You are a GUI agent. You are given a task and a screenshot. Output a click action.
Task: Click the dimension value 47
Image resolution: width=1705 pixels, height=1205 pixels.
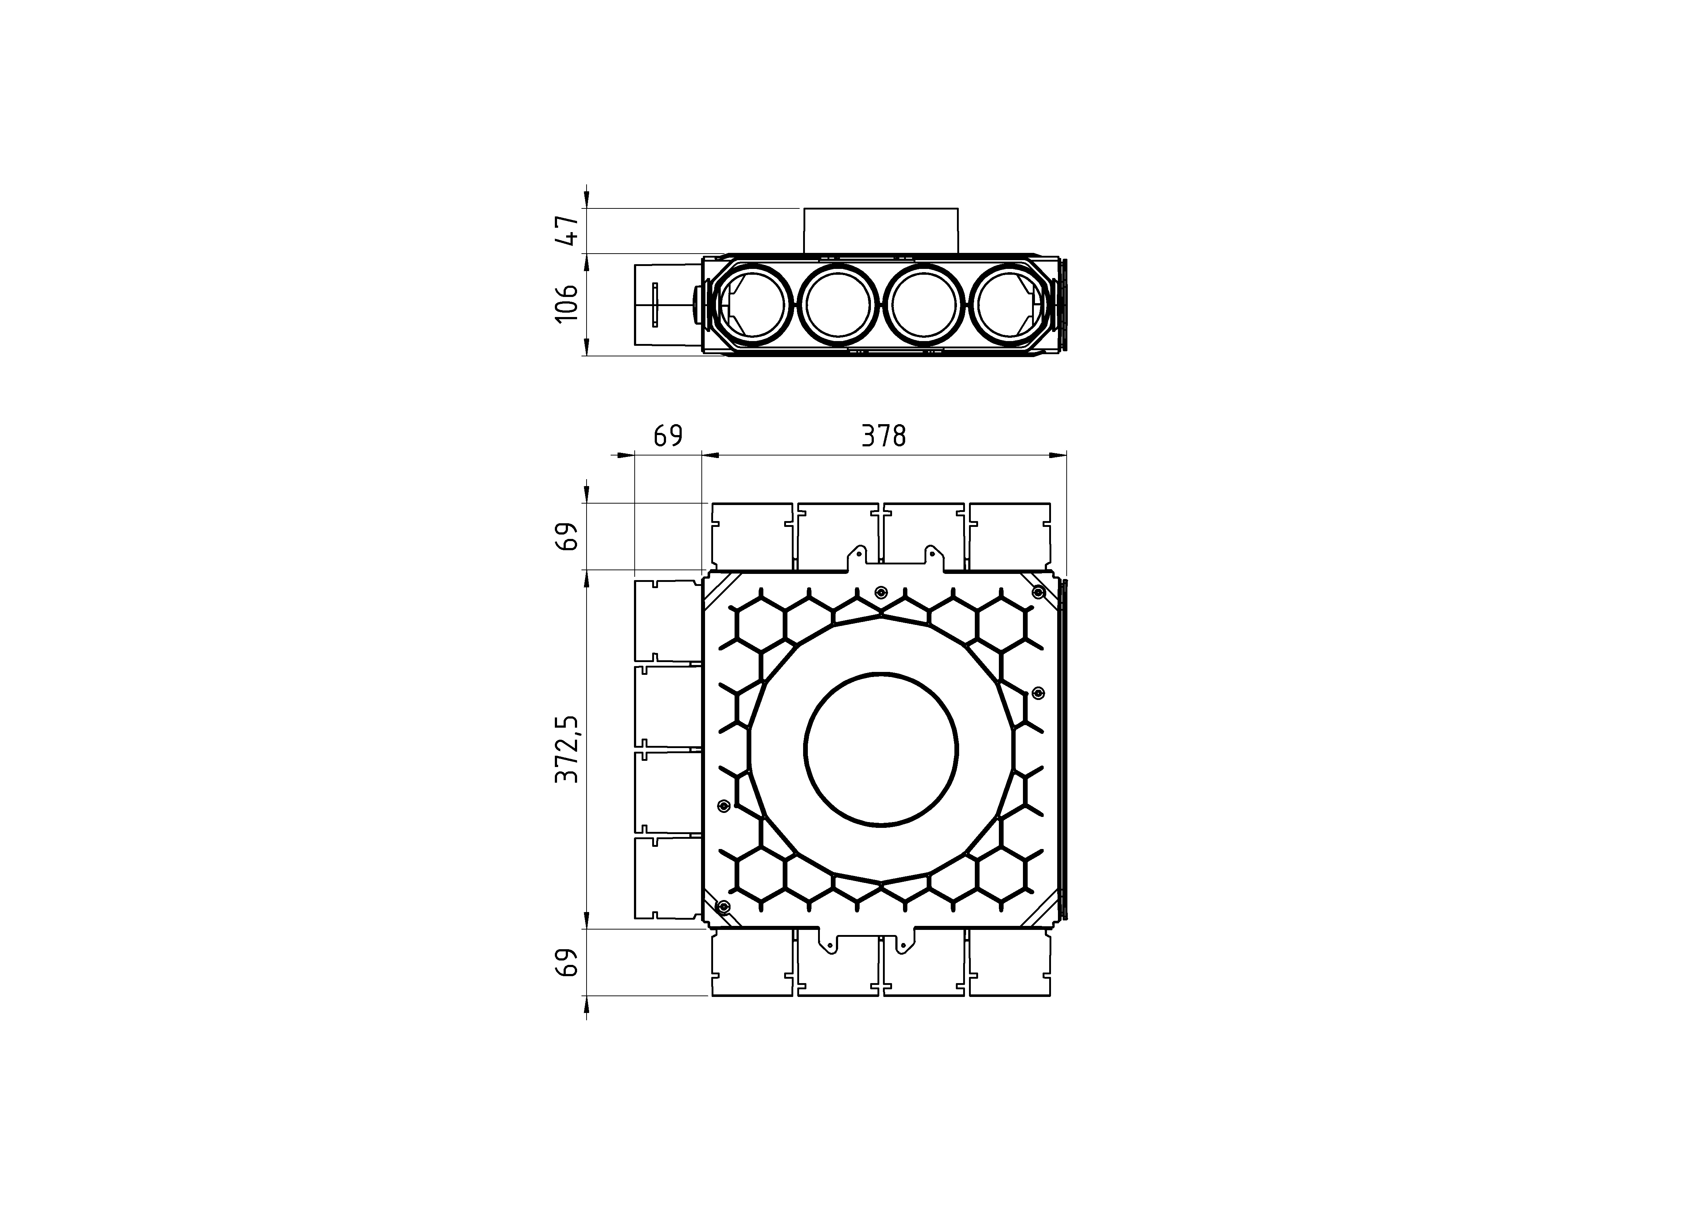(x=567, y=230)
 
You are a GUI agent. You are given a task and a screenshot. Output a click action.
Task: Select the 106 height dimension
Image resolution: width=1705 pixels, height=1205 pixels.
(x=567, y=303)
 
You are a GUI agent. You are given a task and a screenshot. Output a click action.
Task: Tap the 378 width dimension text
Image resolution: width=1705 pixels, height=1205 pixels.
(x=884, y=436)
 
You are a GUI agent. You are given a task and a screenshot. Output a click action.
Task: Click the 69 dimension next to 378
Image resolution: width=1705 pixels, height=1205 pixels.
(x=667, y=436)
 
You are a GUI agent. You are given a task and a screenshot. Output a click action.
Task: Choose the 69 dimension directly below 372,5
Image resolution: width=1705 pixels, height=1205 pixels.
(x=567, y=962)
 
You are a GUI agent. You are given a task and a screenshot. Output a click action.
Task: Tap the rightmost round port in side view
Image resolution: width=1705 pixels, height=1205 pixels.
(x=1009, y=305)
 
